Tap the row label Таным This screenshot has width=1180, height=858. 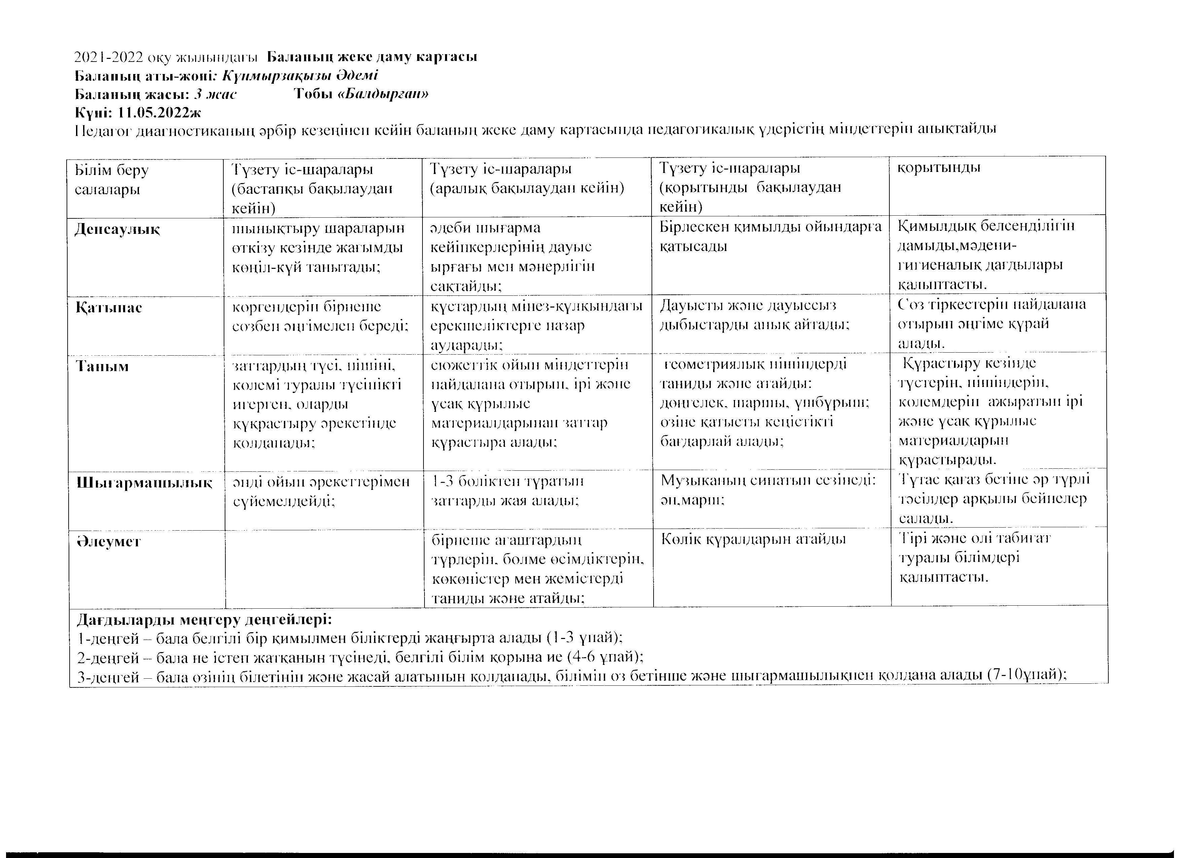coord(103,366)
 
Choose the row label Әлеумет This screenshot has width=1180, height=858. coord(108,542)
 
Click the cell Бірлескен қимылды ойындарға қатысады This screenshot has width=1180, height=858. coord(770,237)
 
